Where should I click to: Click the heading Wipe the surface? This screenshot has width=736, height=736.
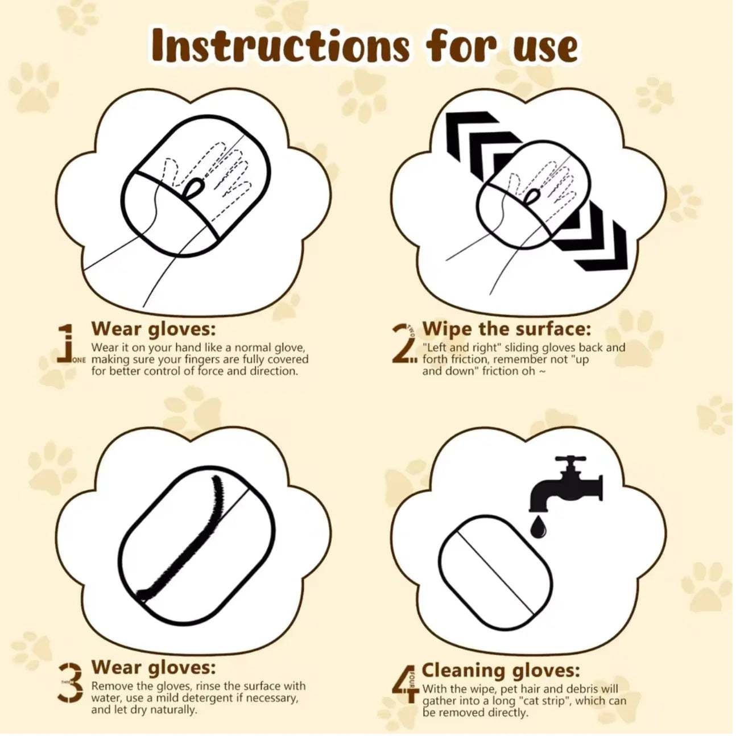pos(507,329)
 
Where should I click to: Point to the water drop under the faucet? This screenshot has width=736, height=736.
pos(536,527)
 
